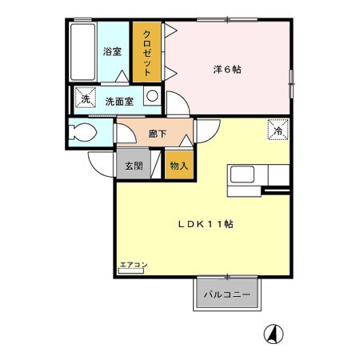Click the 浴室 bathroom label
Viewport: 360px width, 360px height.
click(112, 51)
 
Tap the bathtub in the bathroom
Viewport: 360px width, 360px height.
click(83, 52)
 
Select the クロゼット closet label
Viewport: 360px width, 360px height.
click(147, 53)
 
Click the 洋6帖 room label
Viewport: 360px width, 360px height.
click(227, 70)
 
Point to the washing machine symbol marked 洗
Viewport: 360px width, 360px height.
click(86, 97)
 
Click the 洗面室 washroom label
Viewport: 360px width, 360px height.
click(119, 101)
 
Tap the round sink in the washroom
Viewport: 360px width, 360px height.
click(152, 96)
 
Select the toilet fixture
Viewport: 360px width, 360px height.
click(82, 132)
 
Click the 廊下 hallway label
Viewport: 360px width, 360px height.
click(158, 134)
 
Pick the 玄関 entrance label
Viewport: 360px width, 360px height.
click(134, 166)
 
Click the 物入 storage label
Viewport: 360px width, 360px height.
click(179, 166)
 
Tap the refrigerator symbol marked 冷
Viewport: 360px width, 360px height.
click(278, 130)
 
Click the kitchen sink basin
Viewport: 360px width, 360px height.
click(242, 174)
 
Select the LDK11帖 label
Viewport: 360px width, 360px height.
click(206, 224)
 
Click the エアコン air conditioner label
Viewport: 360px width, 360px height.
click(134, 265)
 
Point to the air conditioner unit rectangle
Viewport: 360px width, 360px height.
click(131, 271)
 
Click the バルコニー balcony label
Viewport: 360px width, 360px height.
click(227, 294)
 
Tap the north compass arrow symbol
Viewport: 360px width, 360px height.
click(274, 334)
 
